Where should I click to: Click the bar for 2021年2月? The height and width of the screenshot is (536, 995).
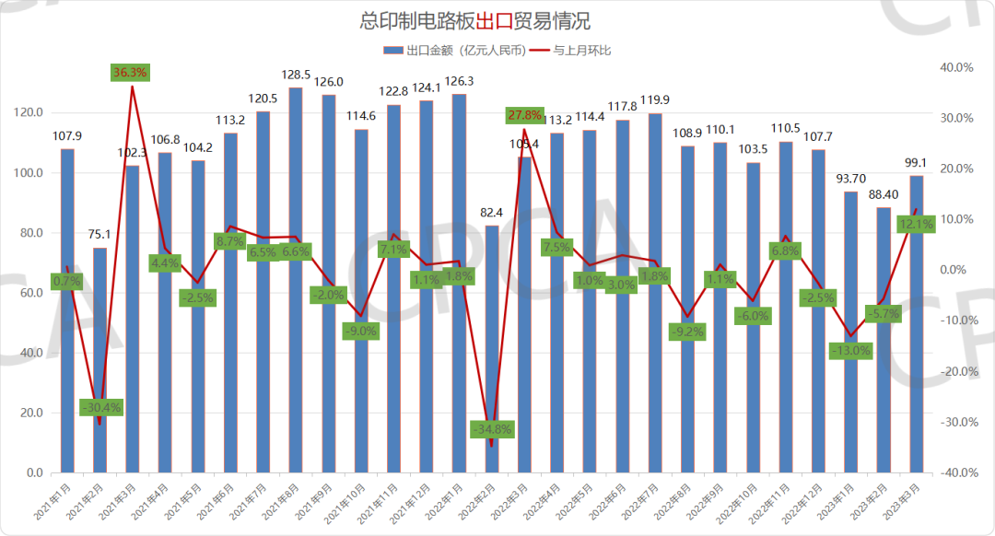point(99,359)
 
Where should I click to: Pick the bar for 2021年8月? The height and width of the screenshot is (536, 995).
point(296,276)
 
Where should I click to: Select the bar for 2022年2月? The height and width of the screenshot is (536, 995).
point(492,350)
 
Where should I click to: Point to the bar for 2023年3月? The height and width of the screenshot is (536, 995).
point(917,322)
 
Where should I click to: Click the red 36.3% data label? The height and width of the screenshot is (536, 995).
point(130,72)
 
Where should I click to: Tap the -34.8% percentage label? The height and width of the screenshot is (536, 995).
point(492,429)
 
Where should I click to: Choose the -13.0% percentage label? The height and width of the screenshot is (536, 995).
point(851,350)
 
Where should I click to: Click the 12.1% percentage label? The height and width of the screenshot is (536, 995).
point(917,224)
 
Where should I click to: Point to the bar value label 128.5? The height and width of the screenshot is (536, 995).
point(296,74)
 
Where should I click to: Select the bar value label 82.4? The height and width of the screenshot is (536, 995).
point(492,212)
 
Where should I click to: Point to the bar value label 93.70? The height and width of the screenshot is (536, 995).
point(851,179)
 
